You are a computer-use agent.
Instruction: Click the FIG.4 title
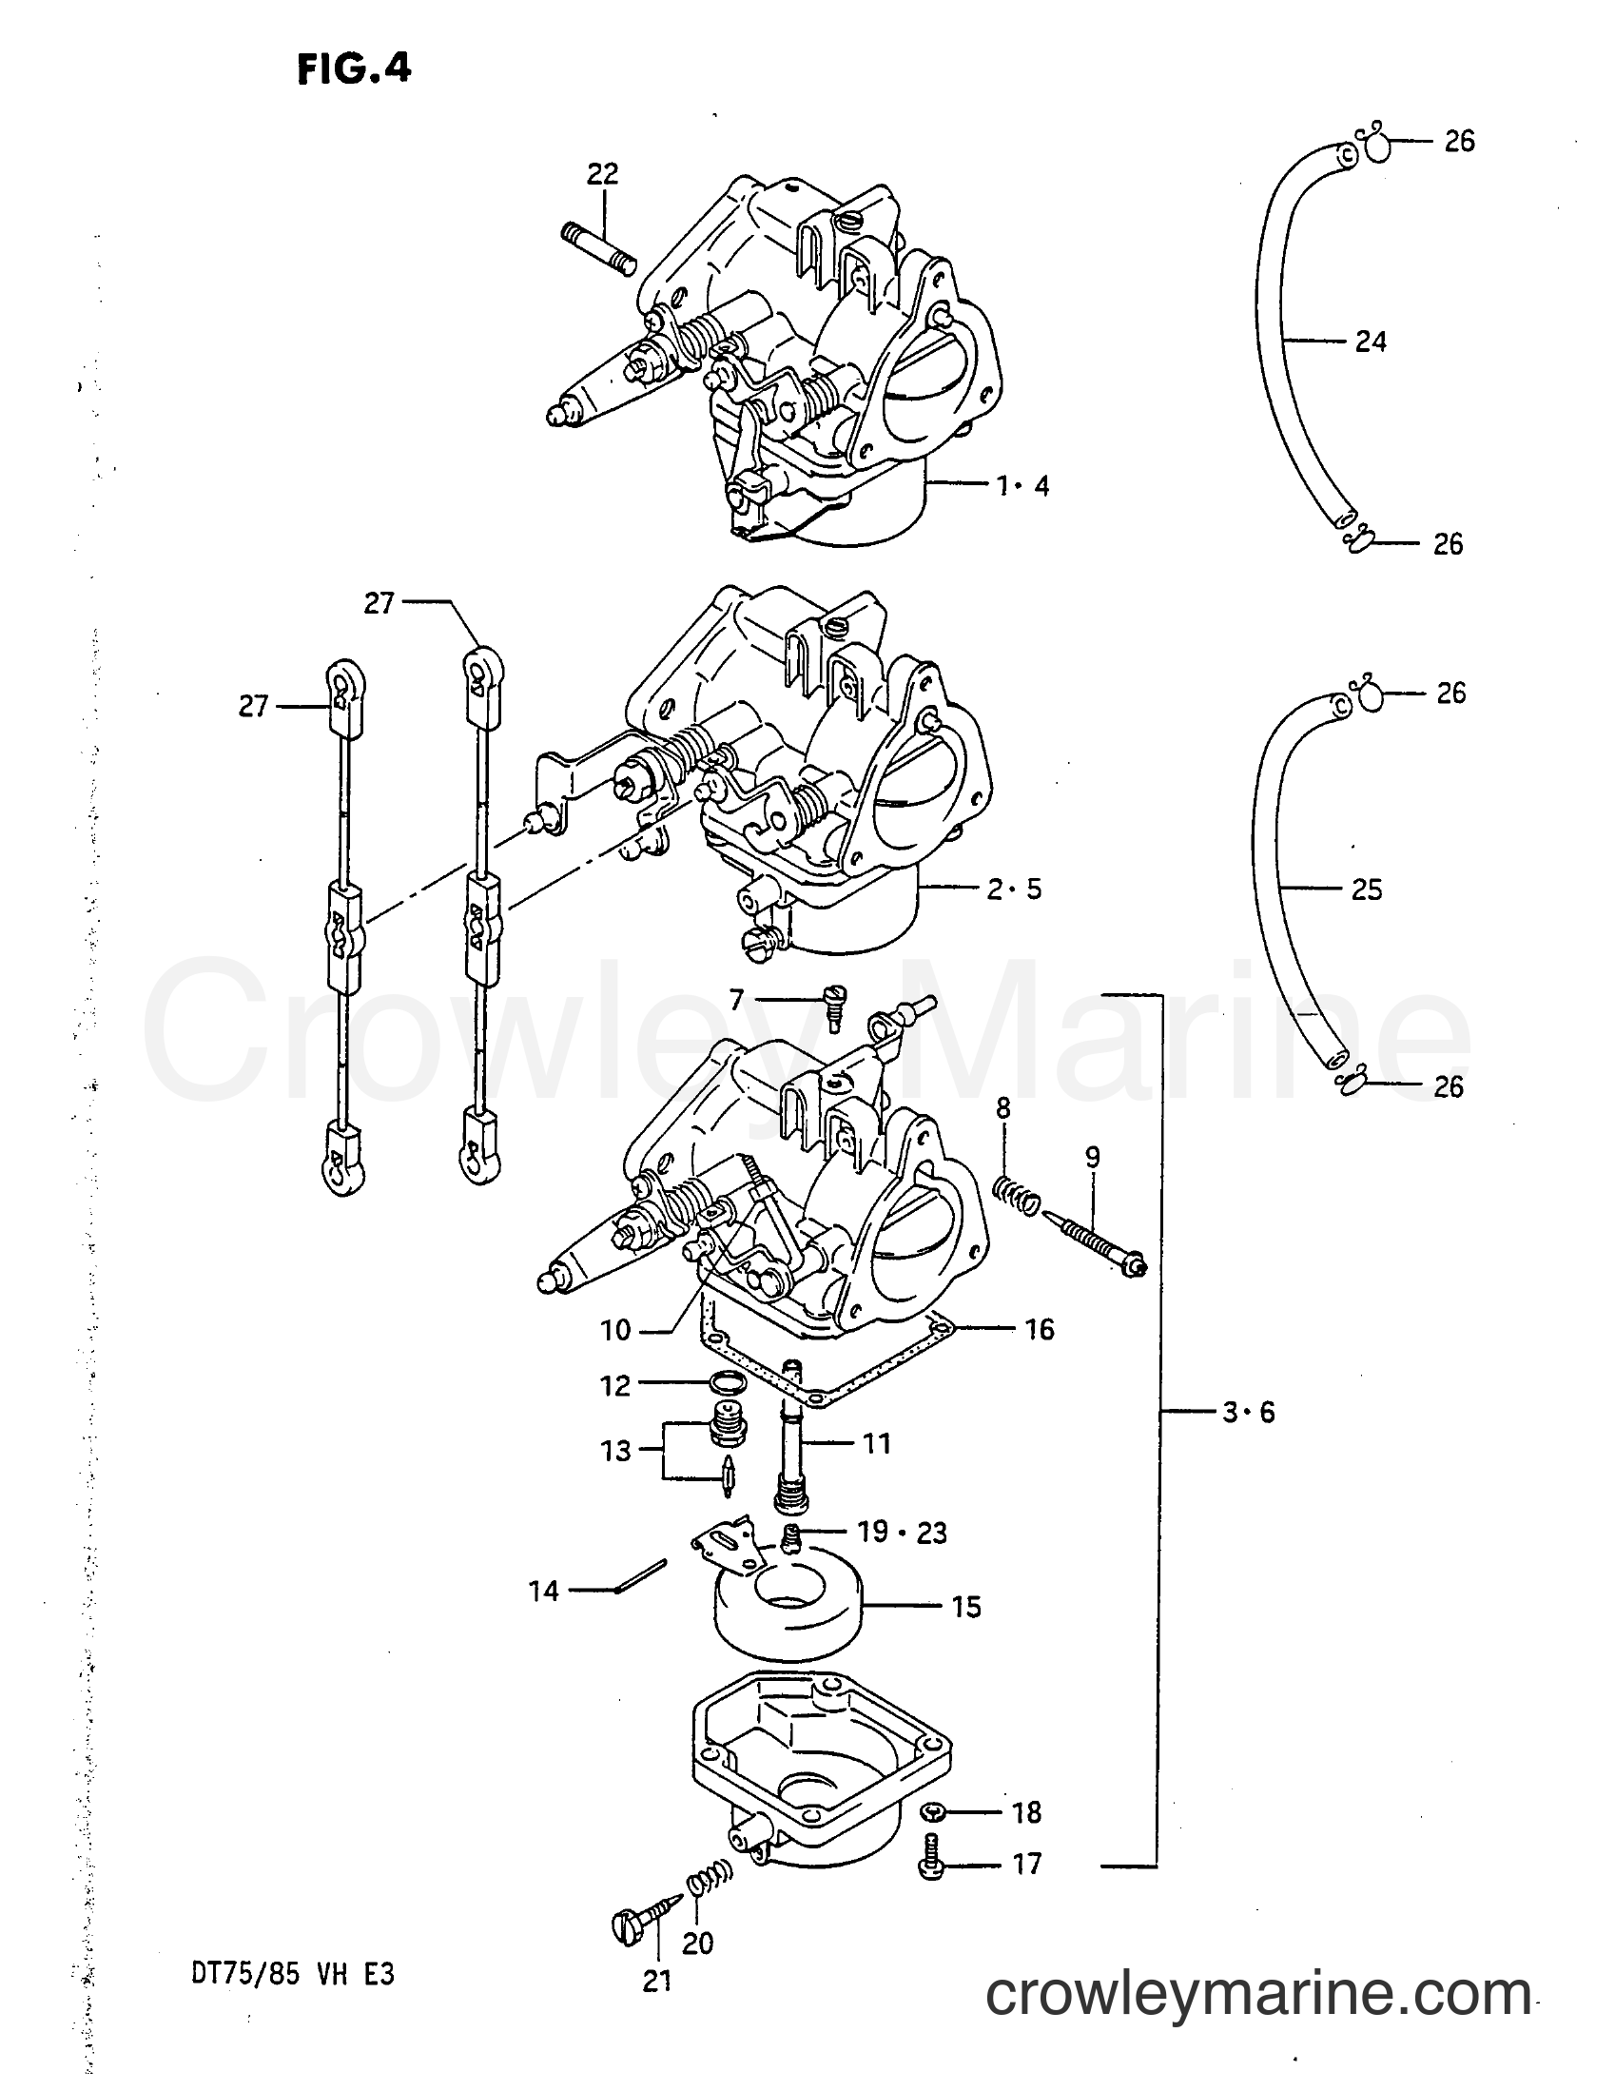pyautogui.click(x=353, y=68)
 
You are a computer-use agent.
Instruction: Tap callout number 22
pyautogui.click(x=602, y=173)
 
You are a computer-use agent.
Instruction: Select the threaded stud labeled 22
pyautogui.click(x=598, y=248)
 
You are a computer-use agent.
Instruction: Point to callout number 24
pyautogui.click(x=1371, y=341)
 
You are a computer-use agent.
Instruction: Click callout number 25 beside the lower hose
pyautogui.click(x=1367, y=889)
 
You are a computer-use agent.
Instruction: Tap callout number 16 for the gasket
pyautogui.click(x=1039, y=1330)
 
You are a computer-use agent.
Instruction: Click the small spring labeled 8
pyautogui.click(x=1014, y=1197)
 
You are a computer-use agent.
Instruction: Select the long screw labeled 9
pyautogui.click(x=1096, y=1242)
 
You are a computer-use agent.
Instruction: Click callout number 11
pyautogui.click(x=877, y=1443)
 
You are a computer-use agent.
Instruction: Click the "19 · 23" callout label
pyautogui.click(x=903, y=1533)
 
